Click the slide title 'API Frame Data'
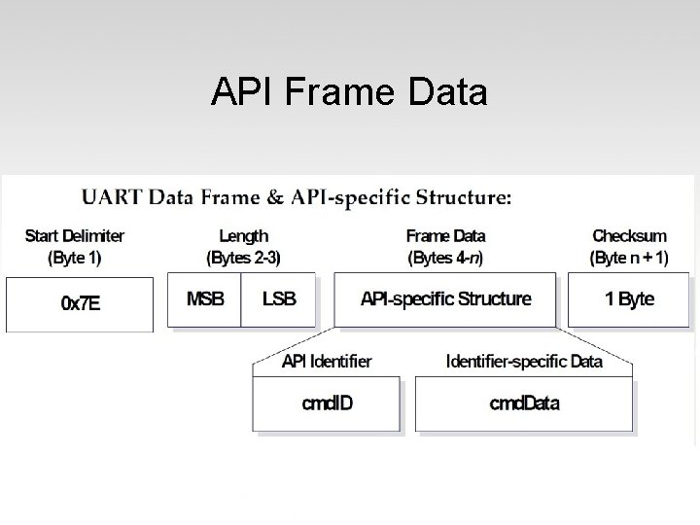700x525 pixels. [x=349, y=92]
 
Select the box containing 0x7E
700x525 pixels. [x=80, y=303]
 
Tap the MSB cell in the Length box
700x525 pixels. [x=204, y=298]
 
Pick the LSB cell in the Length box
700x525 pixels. [x=279, y=298]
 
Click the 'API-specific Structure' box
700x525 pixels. [x=445, y=298]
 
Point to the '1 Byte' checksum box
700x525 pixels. [x=629, y=298]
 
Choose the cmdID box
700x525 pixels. [x=327, y=403]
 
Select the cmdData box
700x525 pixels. [x=524, y=403]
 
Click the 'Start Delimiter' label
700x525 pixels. [x=75, y=235]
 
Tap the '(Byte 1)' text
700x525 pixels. [x=75, y=258]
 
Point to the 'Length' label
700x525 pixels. [x=243, y=235]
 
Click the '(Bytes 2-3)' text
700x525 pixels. [x=243, y=258]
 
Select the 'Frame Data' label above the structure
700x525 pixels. [x=445, y=235]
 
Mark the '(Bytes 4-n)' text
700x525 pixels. [x=445, y=258]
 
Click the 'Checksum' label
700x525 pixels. [x=629, y=235]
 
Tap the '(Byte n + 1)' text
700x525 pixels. [x=629, y=258]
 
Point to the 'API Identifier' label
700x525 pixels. [x=327, y=362]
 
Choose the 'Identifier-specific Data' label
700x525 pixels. [x=524, y=362]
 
